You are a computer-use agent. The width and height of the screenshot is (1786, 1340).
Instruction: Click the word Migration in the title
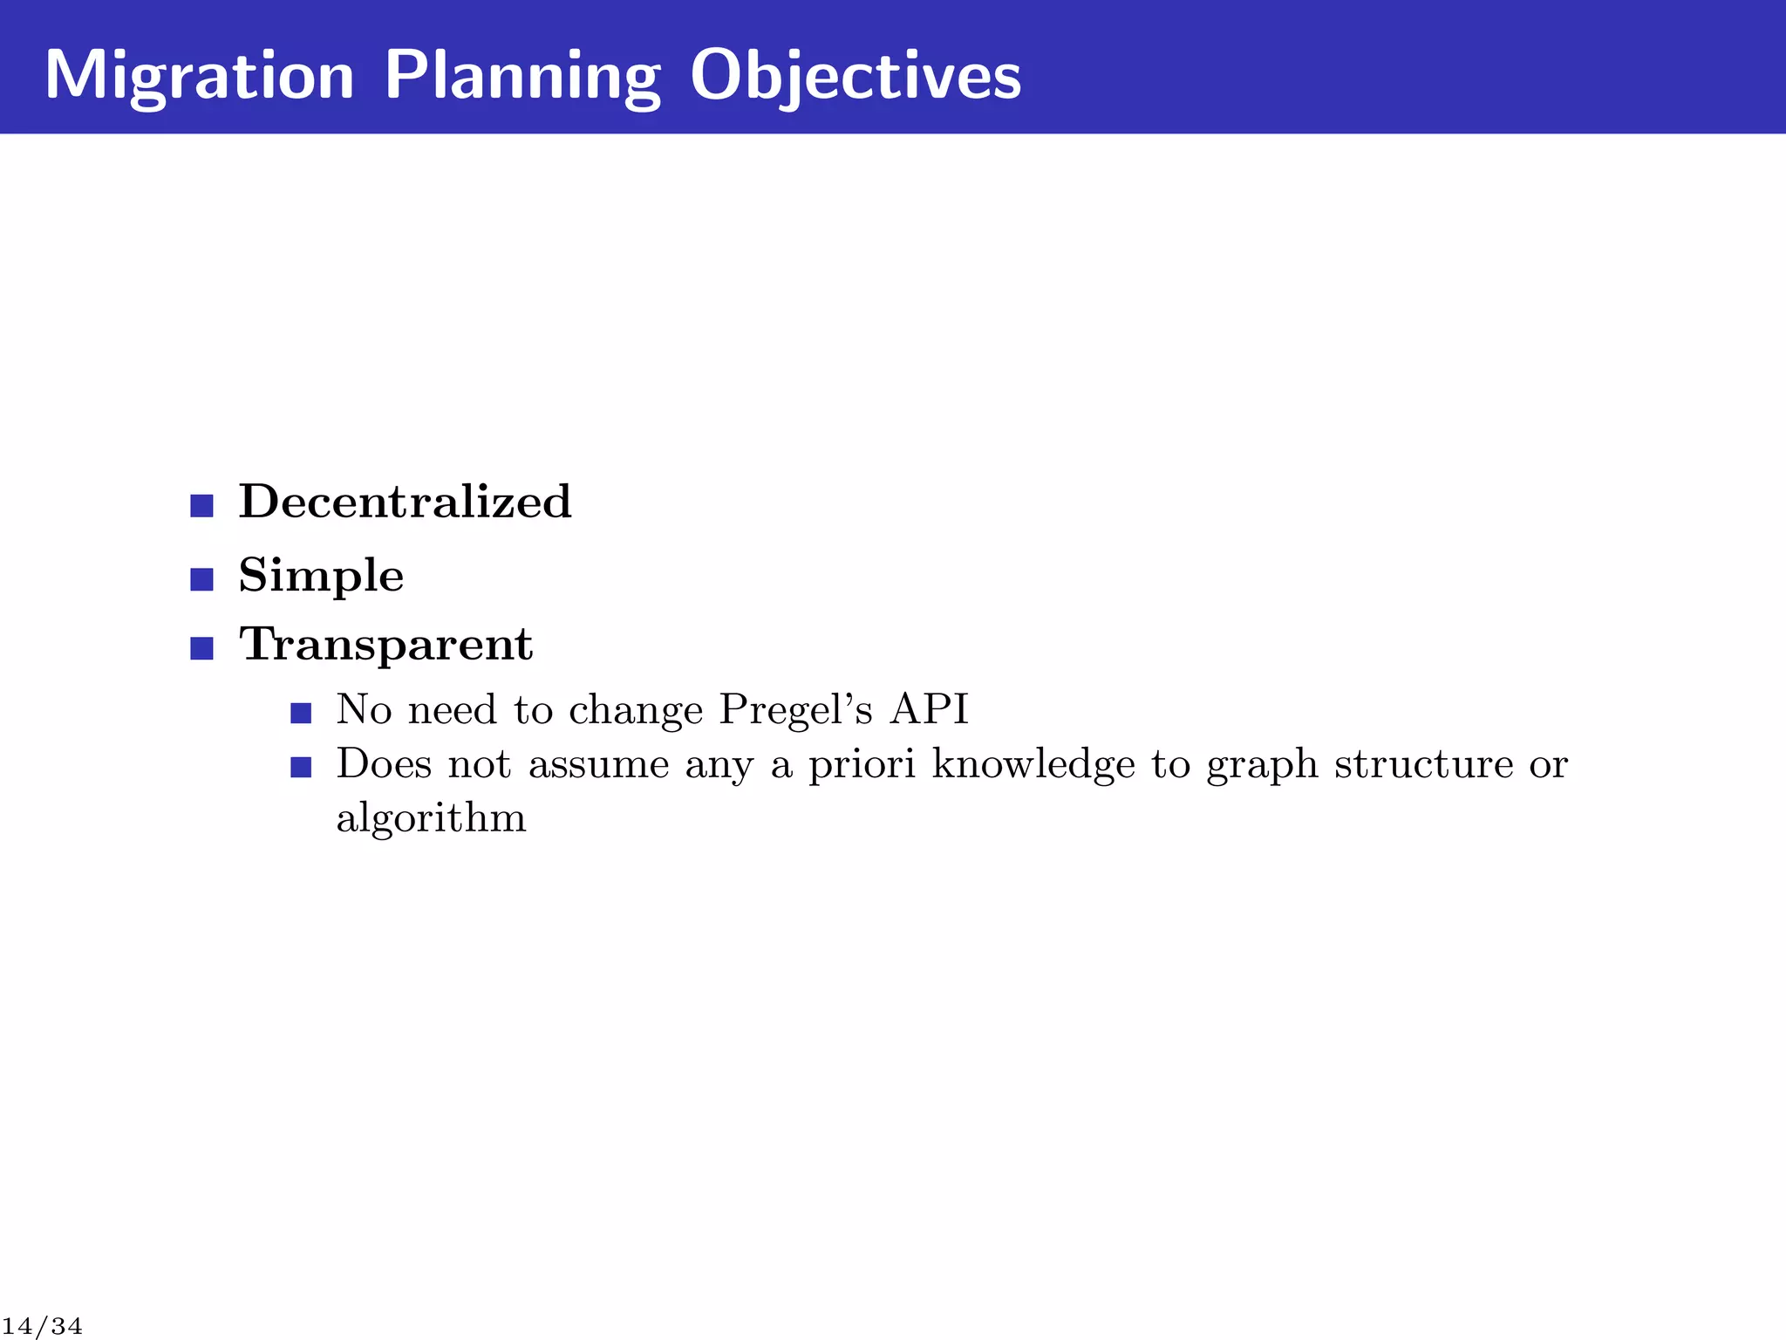pos(200,76)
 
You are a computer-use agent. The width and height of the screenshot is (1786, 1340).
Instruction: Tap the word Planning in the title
pos(521,76)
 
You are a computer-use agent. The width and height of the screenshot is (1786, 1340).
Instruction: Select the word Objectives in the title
pos(855,76)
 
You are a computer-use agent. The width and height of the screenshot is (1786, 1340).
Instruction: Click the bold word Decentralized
pos(406,502)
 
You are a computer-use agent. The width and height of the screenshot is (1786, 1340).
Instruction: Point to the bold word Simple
pos(321,576)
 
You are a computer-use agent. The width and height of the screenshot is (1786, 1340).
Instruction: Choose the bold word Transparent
pos(386,645)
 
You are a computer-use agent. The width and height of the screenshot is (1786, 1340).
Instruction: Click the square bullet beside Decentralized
pos(201,505)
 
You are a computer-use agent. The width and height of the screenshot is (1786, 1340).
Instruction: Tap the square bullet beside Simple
pos(201,579)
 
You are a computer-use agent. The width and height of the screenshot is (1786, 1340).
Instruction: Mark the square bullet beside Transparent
pos(201,648)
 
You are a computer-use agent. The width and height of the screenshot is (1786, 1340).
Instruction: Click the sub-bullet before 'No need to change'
pos(301,714)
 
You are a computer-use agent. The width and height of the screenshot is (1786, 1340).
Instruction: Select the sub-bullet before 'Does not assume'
pos(301,768)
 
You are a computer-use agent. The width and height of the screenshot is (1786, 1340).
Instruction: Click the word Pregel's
pos(795,710)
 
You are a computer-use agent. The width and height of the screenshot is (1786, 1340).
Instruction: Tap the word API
pos(930,709)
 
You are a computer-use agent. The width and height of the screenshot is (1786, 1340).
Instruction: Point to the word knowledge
pos(1033,764)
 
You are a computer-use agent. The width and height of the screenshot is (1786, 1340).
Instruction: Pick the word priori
pos(862,764)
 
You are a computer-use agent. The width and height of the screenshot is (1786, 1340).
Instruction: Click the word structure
pos(1424,764)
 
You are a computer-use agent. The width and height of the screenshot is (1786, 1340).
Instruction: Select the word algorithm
pos(432,818)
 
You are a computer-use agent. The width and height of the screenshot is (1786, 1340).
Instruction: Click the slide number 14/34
pos(42,1327)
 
